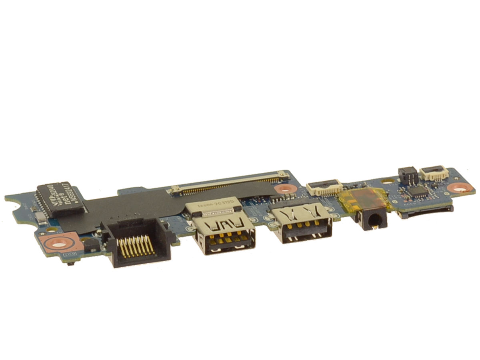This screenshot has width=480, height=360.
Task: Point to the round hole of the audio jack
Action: point(374,220)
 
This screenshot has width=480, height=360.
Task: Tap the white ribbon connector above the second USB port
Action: point(324,186)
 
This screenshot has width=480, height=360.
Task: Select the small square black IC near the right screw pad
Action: point(417,192)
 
